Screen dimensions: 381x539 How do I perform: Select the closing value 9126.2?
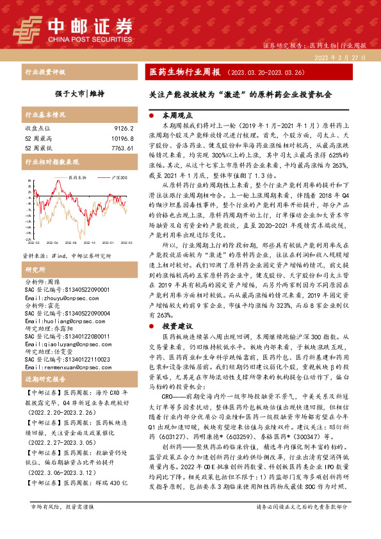click(122, 129)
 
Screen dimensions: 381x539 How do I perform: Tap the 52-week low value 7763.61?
click(120, 148)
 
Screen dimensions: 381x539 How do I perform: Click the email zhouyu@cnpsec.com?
click(53, 280)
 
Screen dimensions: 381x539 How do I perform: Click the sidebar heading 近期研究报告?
click(45, 380)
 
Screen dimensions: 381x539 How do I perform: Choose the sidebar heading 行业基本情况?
click(45, 115)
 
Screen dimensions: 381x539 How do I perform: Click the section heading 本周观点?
click(177, 117)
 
